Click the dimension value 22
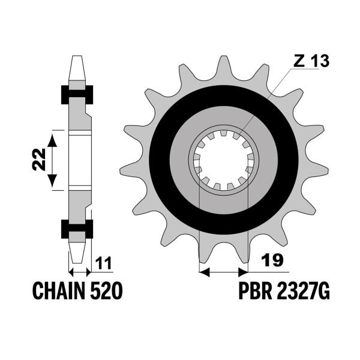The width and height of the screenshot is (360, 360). (39, 160)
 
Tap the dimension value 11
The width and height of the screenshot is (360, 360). (104, 263)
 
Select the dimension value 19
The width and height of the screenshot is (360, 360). (272, 260)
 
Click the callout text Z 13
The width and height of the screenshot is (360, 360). (311, 61)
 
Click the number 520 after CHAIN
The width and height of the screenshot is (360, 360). (107, 290)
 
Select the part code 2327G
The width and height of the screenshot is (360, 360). (304, 290)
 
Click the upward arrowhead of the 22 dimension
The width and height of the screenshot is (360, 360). (52, 140)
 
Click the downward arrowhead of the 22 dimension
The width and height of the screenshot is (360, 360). (52, 181)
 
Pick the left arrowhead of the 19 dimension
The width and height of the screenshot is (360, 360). (205, 272)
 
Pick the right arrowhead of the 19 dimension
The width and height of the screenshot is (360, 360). (243, 272)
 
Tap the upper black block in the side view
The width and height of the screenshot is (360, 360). (77, 95)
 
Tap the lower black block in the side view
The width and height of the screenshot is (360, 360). (77, 229)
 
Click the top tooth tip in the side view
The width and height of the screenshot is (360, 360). (77, 56)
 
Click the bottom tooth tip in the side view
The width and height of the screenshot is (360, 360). (77, 262)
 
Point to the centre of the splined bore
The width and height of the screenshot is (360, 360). (224, 160)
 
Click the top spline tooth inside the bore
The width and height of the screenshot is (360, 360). (223, 133)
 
